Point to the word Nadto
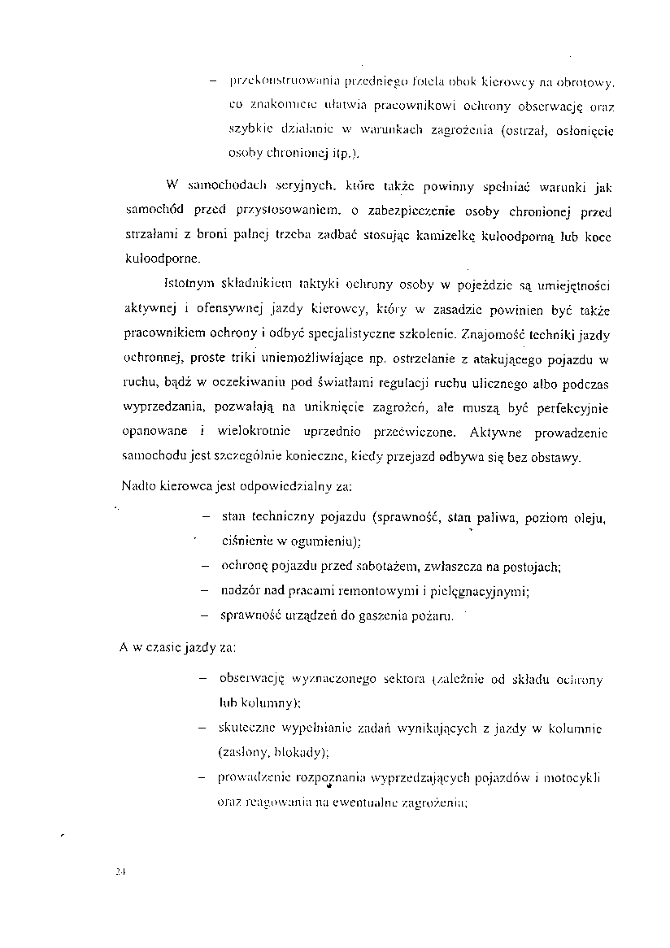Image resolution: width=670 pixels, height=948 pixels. [138, 486]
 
